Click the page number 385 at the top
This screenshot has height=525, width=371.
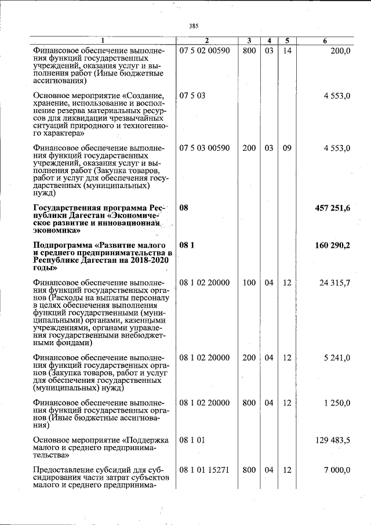pyautogui.click(x=194, y=26)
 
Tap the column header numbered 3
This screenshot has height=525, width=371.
pyautogui.click(x=249, y=41)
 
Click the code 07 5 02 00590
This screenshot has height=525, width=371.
pyautogui.click(x=205, y=51)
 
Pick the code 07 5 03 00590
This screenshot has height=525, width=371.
pyautogui.click(x=205, y=148)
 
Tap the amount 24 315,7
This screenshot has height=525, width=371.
pyautogui.click(x=335, y=283)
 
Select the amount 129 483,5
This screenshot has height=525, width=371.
pyautogui.click(x=333, y=440)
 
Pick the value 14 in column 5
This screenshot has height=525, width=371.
pyautogui.click(x=287, y=51)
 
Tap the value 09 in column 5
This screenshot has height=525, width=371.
pyautogui.click(x=287, y=148)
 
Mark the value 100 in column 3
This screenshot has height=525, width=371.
pyautogui.click(x=249, y=283)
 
